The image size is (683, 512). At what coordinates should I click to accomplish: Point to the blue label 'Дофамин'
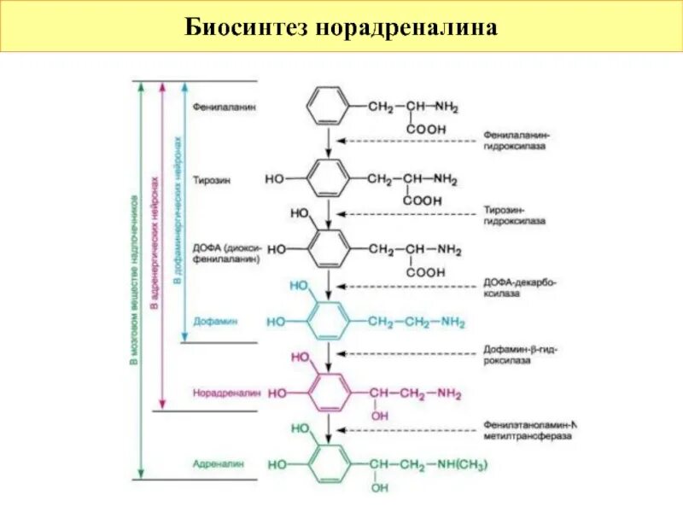215,322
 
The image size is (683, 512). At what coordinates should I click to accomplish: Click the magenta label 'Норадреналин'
225,394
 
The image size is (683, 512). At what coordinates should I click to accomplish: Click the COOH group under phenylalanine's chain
425,129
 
